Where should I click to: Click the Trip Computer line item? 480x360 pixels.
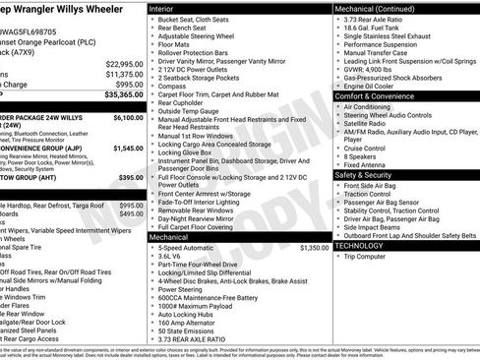[x=376, y=256]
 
